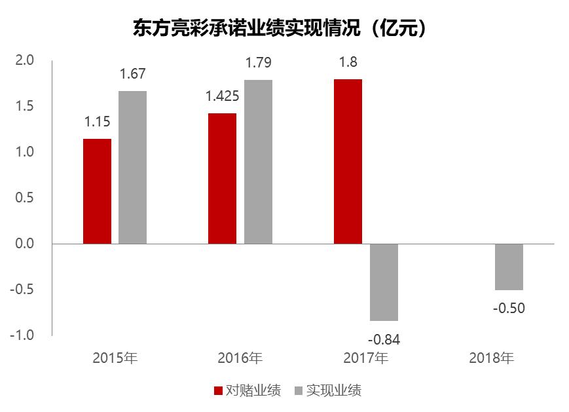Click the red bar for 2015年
[x=97, y=191]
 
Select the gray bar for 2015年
[x=132, y=167]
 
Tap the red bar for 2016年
[x=222, y=178]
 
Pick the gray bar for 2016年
[x=258, y=161]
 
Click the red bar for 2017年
[x=348, y=161]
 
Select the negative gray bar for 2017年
[x=384, y=282]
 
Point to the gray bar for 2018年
[x=509, y=267]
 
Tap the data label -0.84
[x=384, y=339]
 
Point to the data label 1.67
[x=132, y=75]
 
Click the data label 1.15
[x=97, y=122]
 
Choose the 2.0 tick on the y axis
[x=24, y=60]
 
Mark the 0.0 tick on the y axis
[x=24, y=244]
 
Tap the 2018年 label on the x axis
[x=492, y=358]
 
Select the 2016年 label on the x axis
[x=240, y=358]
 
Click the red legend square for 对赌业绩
[x=219, y=391]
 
